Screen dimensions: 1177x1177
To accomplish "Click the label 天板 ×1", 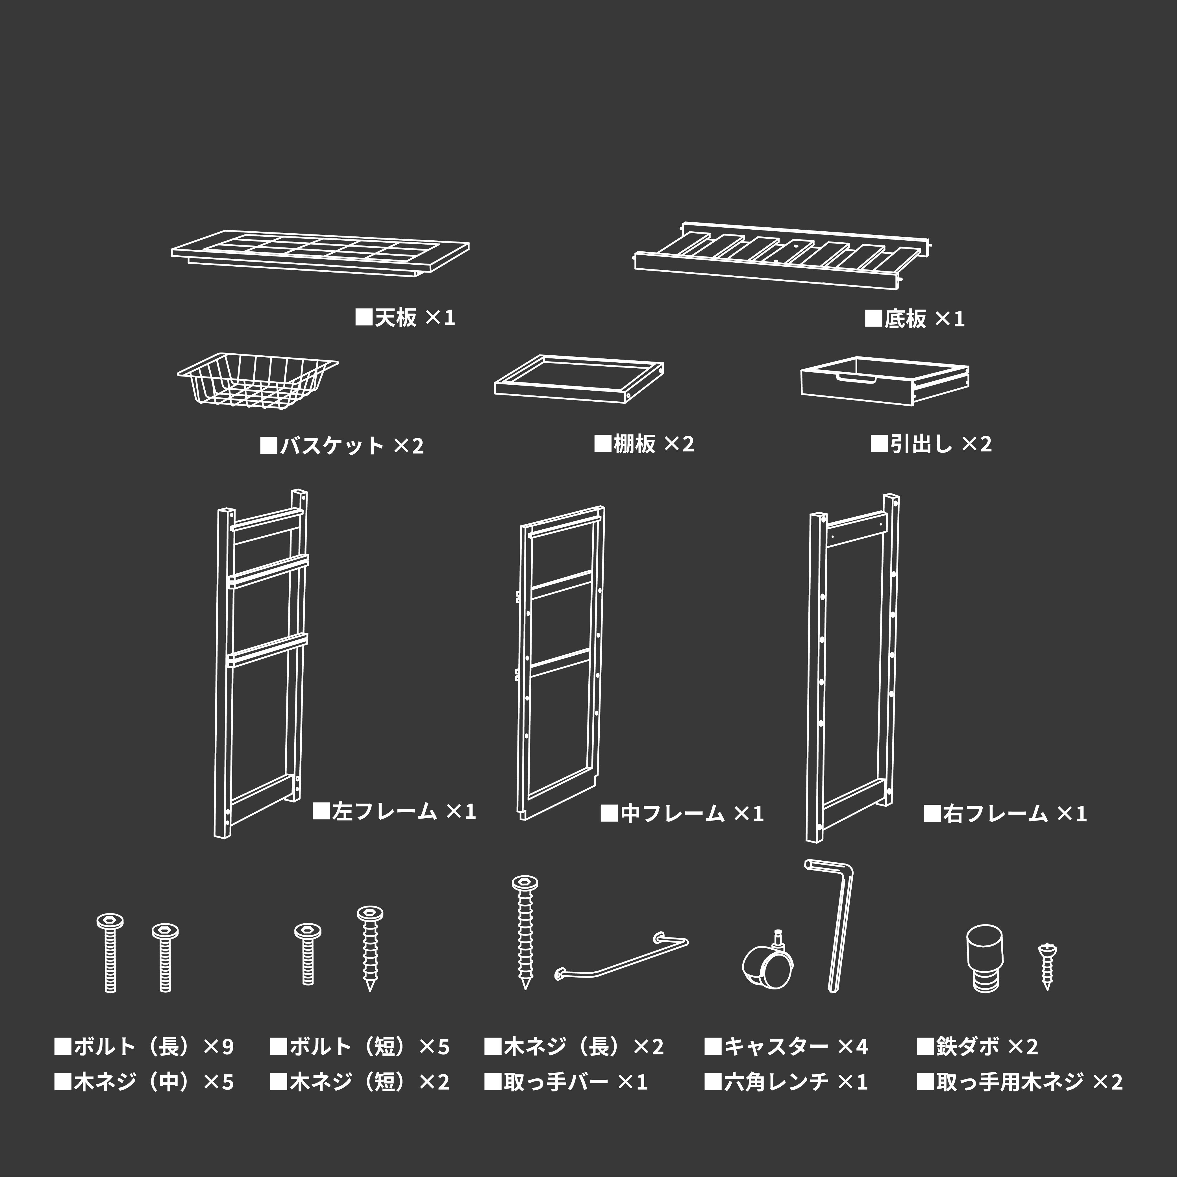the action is click(x=405, y=317).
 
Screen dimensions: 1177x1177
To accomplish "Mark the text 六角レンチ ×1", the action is click(x=786, y=1082).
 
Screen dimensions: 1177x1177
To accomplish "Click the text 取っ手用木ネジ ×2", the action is click(x=1020, y=1082).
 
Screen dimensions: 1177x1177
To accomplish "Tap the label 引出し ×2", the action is click(x=931, y=443).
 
